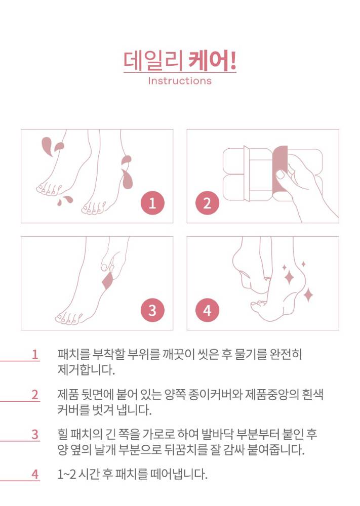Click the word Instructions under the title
(x=180, y=80)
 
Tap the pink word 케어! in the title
(x=212, y=60)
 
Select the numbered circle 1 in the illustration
(x=152, y=203)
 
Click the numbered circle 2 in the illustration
(x=207, y=203)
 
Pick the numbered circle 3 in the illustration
(x=152, y=311)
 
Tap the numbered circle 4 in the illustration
(x=207, y=311)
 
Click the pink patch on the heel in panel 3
(x=108, y=281)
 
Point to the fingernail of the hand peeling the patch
(x=280, y=174)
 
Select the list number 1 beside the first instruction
(x=35, y=355)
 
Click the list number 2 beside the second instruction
(x=35, y=395)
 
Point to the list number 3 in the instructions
(x=35, y=434)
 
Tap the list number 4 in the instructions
(x=35, y=475)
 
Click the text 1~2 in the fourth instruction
(x=66, y=475)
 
